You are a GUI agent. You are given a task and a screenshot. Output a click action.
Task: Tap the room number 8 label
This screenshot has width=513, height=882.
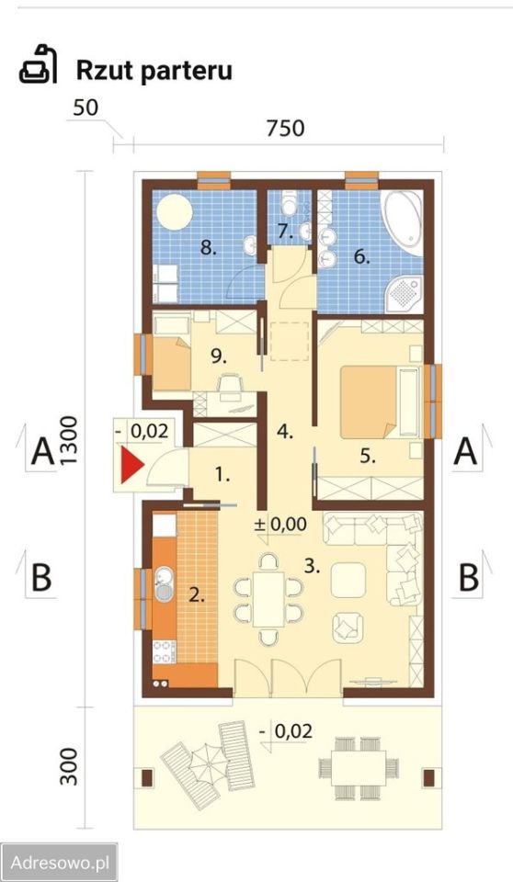coord(209,248)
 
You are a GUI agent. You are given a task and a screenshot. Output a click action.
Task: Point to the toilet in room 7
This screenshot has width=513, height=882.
coord(290,204)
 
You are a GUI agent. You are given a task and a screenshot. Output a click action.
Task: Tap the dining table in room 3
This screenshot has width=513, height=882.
coord(268,598)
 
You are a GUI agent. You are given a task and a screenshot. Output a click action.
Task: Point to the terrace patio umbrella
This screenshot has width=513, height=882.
coord(207,766)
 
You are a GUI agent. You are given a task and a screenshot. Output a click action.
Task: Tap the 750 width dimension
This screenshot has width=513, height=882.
coord(285,129)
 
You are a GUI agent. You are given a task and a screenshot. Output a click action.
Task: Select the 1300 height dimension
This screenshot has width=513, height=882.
coord(68,440)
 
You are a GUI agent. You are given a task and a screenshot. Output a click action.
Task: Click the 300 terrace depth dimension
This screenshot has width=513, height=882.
coord(68,766)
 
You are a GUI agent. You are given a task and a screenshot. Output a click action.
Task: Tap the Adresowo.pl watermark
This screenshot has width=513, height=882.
coord(60,863)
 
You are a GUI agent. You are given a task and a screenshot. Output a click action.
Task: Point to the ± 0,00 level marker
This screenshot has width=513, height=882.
coord(280,525)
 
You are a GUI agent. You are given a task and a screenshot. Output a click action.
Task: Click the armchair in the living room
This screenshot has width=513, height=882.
coord(348,628)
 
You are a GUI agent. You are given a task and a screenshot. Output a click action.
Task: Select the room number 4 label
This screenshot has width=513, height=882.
coord(285,433)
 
